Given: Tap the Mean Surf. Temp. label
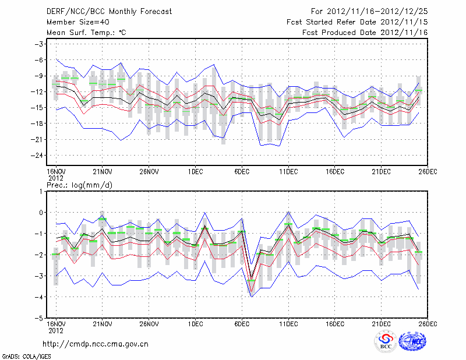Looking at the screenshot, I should point(86,33).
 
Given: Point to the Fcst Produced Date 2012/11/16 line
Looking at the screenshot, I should point(365,33).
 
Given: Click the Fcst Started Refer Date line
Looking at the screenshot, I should point(358,22).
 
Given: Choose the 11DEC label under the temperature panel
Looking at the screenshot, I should point(288,172).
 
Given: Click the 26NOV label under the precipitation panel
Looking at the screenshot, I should point(149,323).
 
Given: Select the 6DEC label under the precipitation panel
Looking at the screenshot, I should point(242,323).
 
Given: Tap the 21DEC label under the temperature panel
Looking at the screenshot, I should point(382,172).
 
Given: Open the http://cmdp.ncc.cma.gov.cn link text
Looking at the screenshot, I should point(96,344).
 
